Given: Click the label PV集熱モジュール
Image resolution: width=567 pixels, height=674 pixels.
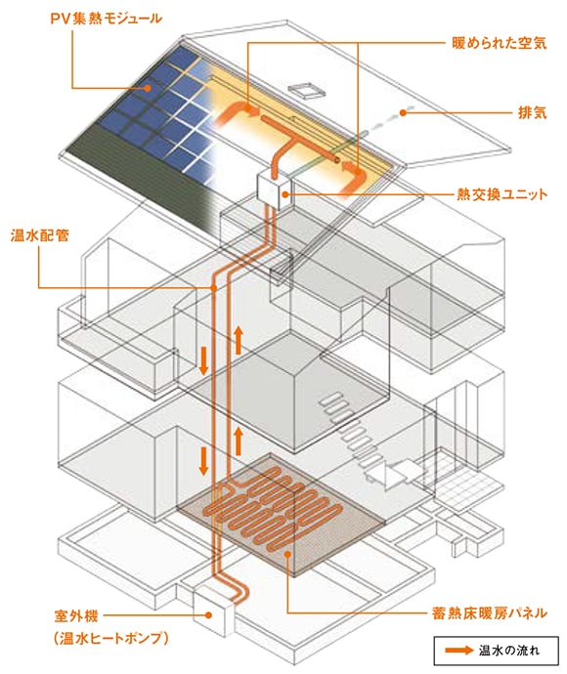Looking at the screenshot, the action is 106,19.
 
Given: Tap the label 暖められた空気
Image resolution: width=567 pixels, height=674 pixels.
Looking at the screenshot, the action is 499,43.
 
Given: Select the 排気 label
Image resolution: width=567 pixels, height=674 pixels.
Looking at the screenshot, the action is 532,112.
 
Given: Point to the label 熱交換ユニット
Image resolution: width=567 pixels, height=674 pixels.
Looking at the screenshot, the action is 502,194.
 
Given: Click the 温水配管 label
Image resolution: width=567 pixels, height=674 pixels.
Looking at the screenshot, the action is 39,235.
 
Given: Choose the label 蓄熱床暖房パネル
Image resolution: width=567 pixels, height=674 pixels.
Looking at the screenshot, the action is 490,612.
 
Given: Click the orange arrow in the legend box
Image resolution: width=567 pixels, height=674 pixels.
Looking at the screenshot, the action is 459,650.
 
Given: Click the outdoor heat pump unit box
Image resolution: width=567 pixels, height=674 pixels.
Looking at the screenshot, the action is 213,611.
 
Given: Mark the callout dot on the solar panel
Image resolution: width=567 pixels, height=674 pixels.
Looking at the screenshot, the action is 148,88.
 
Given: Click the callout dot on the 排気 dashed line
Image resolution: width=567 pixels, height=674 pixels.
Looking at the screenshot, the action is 403,112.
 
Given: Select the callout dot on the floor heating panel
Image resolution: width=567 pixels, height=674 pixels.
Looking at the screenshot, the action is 287,555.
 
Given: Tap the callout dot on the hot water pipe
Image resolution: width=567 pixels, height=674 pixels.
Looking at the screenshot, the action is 213,287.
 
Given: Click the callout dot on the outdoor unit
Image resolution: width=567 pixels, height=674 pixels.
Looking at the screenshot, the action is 208,615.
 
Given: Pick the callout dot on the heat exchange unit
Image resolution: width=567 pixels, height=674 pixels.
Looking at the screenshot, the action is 284,194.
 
